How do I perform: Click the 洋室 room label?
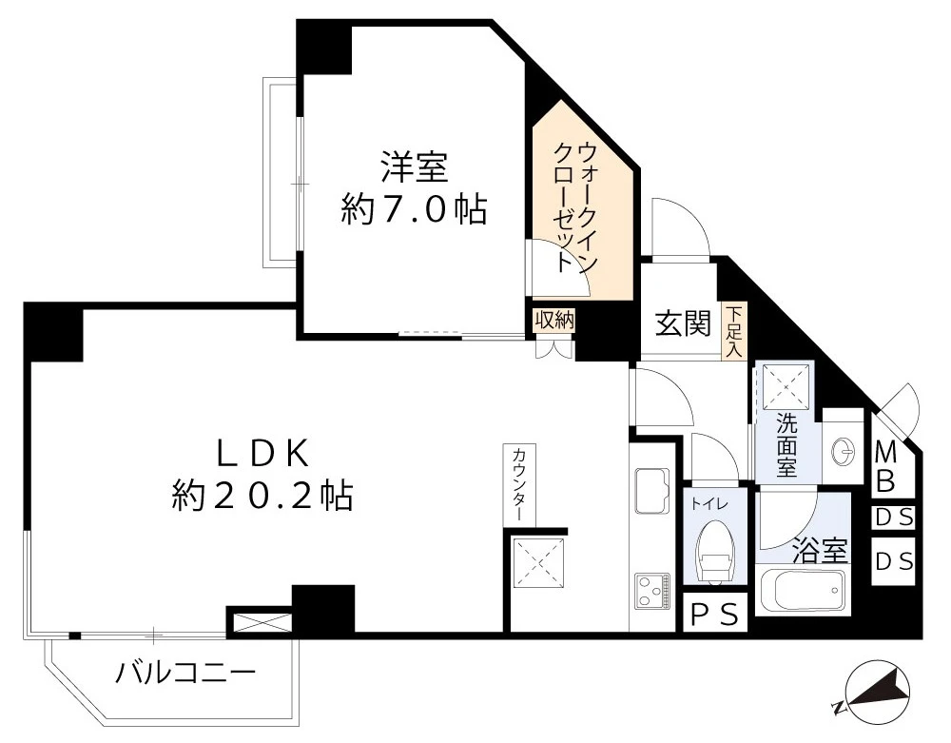[415, 166]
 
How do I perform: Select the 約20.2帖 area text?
[262, 496]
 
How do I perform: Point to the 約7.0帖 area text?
[415, 210]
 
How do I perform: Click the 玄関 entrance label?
[683, 324]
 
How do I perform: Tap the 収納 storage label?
[554, 321]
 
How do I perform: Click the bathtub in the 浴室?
[804, 593]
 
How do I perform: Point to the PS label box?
[713, 616]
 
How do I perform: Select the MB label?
[885, 465]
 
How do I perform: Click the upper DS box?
[893, 518]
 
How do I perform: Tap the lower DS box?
[893, 561]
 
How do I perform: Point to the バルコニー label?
[186, 674]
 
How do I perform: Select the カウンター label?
[519, 483]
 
